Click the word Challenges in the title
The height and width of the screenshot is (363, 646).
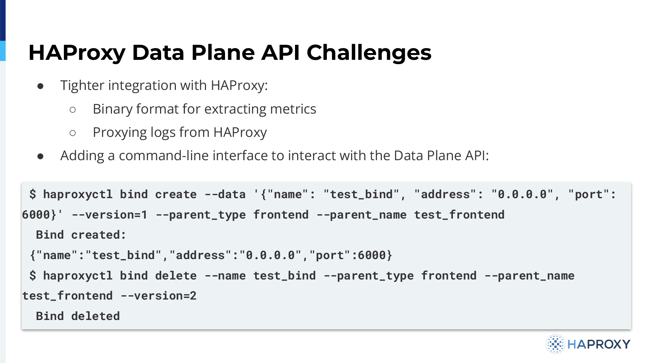[369, 53]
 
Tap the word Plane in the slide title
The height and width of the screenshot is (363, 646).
[223, 52]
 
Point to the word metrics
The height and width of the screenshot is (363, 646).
[293, 109]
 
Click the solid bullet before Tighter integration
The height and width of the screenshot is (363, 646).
[41, 86]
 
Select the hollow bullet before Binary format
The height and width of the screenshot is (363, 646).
[73, 110]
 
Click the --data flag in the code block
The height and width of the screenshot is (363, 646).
[225, 194]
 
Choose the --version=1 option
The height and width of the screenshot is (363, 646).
[109, 215]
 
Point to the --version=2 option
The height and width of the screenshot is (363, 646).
[159, 296]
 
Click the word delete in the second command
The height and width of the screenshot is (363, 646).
[176, 276]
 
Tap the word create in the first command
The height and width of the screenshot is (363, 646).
[176, 194]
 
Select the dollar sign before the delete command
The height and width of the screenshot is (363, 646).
[33, 276]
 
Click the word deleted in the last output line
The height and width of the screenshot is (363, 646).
[95, 316]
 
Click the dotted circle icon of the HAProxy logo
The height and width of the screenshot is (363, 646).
[555, 344]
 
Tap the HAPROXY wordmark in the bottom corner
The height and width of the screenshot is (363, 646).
[599, 344]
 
